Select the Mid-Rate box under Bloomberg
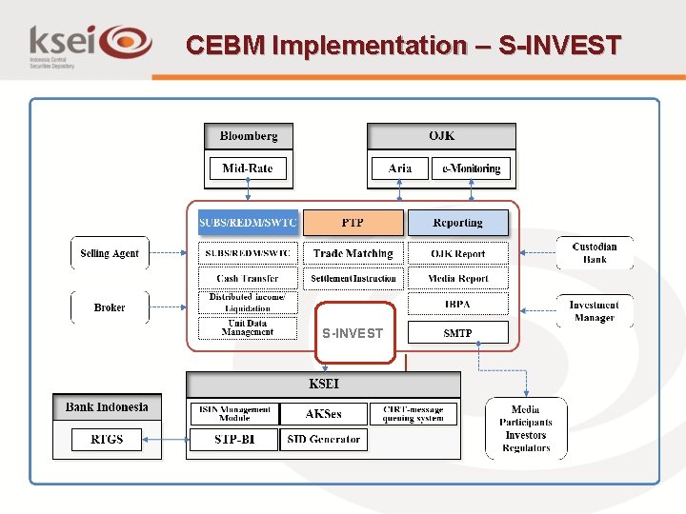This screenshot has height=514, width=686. pyautogui.click(x=248, y=169)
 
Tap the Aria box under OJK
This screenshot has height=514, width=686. pyautogui.click(x=400, y=169)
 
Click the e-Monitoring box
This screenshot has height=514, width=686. pyautogui.click(x=472, y=169)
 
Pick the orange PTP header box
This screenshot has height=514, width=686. pyautogui.click(x=353, y=223)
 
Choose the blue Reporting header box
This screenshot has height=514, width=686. pyautogui.click(x=458, y=223)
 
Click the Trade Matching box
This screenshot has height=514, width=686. pyautogui.click(x=353, y=254)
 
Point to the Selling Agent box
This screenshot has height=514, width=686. pyautogui.click(x=110, y=254)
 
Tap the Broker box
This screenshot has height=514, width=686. pyautogui.click(x=110, y=308)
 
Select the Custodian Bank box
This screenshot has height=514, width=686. pyautogui.click(x=595, y=253)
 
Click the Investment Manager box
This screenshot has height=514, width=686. pyautogui.click(x=595, y=311)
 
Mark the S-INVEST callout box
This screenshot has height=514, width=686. pyautogui.click(x=353, y=333)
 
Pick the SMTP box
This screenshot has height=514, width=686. pyautogui.click(x=458, y=333)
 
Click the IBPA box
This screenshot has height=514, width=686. pyautogui.click(x=458, y=305)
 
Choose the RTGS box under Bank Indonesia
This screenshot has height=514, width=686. pyautogui.click(x=107, y=440)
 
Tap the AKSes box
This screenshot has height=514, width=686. pyautogui.click(x=324, y=414)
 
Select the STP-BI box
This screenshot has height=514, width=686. pyautogui.click(x=234, y=440)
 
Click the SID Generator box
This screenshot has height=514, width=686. pyautogui.click(x=324, y=440)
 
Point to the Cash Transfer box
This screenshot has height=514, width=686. pyautogui.click(x=248, y=279)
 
